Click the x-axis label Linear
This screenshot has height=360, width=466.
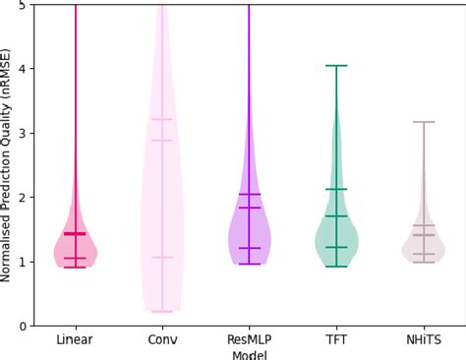(x=75, y=339)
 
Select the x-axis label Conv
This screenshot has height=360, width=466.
(x=162, y=339)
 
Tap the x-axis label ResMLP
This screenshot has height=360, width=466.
(x=250, y=339)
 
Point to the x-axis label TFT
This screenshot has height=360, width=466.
(x=336, y=339)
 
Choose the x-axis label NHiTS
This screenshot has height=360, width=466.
(x=423, y=339)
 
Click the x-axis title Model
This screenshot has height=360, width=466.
(x=250, y=353)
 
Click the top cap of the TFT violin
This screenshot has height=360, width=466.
(x=336, y=66)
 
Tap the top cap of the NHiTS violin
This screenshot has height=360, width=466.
(x=424, y=122)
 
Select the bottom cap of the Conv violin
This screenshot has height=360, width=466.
(x=162, y=312)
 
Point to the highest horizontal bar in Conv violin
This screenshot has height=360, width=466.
(x=162, y=119)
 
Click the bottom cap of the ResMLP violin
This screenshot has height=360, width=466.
(x=250, y=264)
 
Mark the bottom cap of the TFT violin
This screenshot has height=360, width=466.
(x=336, y=267)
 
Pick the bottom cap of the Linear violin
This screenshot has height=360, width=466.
(x=75, y=267)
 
